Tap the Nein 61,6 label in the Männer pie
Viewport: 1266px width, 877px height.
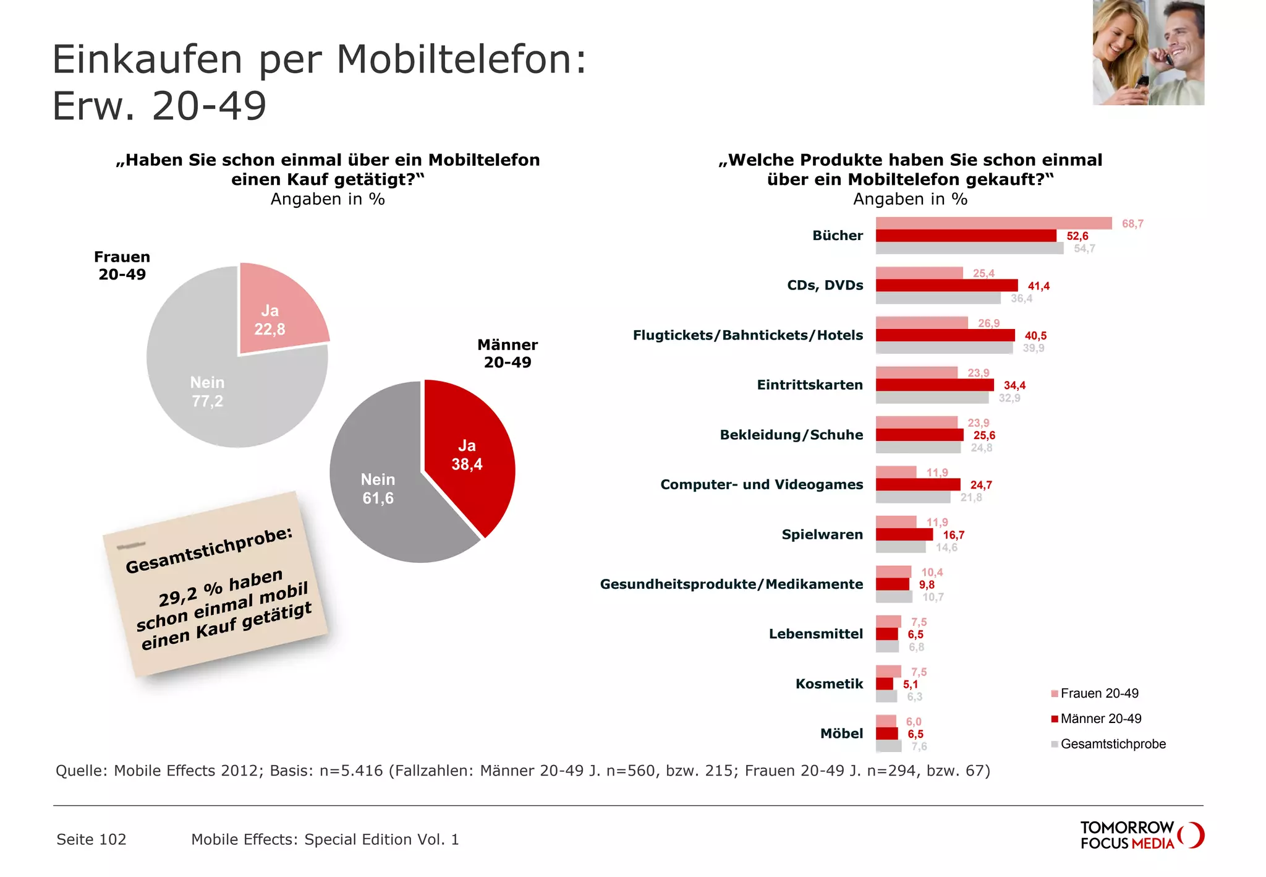pos(378,489)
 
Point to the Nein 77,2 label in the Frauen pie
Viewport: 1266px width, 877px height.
pos(207,391)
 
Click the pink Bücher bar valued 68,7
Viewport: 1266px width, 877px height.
pos(993,223)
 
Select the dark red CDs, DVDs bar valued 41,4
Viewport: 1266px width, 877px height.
pos(946,285)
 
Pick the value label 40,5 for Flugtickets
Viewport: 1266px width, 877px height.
pos(1035,336)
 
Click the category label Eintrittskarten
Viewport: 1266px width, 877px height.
pos(809,385)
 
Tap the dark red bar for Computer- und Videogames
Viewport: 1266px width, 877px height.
pos(917,484)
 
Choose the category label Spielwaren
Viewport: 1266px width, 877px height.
pos(822,534)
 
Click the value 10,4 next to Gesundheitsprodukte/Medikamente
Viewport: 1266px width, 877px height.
pos(932,572)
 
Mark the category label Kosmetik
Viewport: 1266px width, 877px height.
pos(828,683)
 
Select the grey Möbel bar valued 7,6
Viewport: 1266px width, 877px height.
pos(888,747)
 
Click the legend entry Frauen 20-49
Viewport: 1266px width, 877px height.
pos(1098,693)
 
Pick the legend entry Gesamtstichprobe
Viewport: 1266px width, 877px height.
pos(1112,744)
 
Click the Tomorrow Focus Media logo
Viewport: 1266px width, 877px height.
pos(1141,835)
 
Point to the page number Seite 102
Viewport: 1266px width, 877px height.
pos(91,839)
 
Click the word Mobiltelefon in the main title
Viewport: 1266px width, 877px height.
pos(461,59)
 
